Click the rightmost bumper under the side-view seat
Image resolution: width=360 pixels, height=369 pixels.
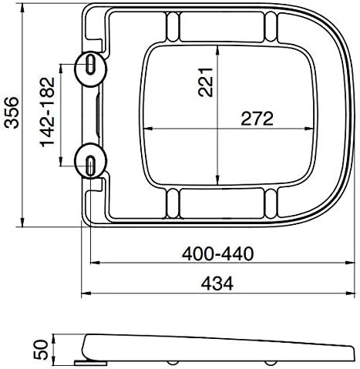tap(272, 363)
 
